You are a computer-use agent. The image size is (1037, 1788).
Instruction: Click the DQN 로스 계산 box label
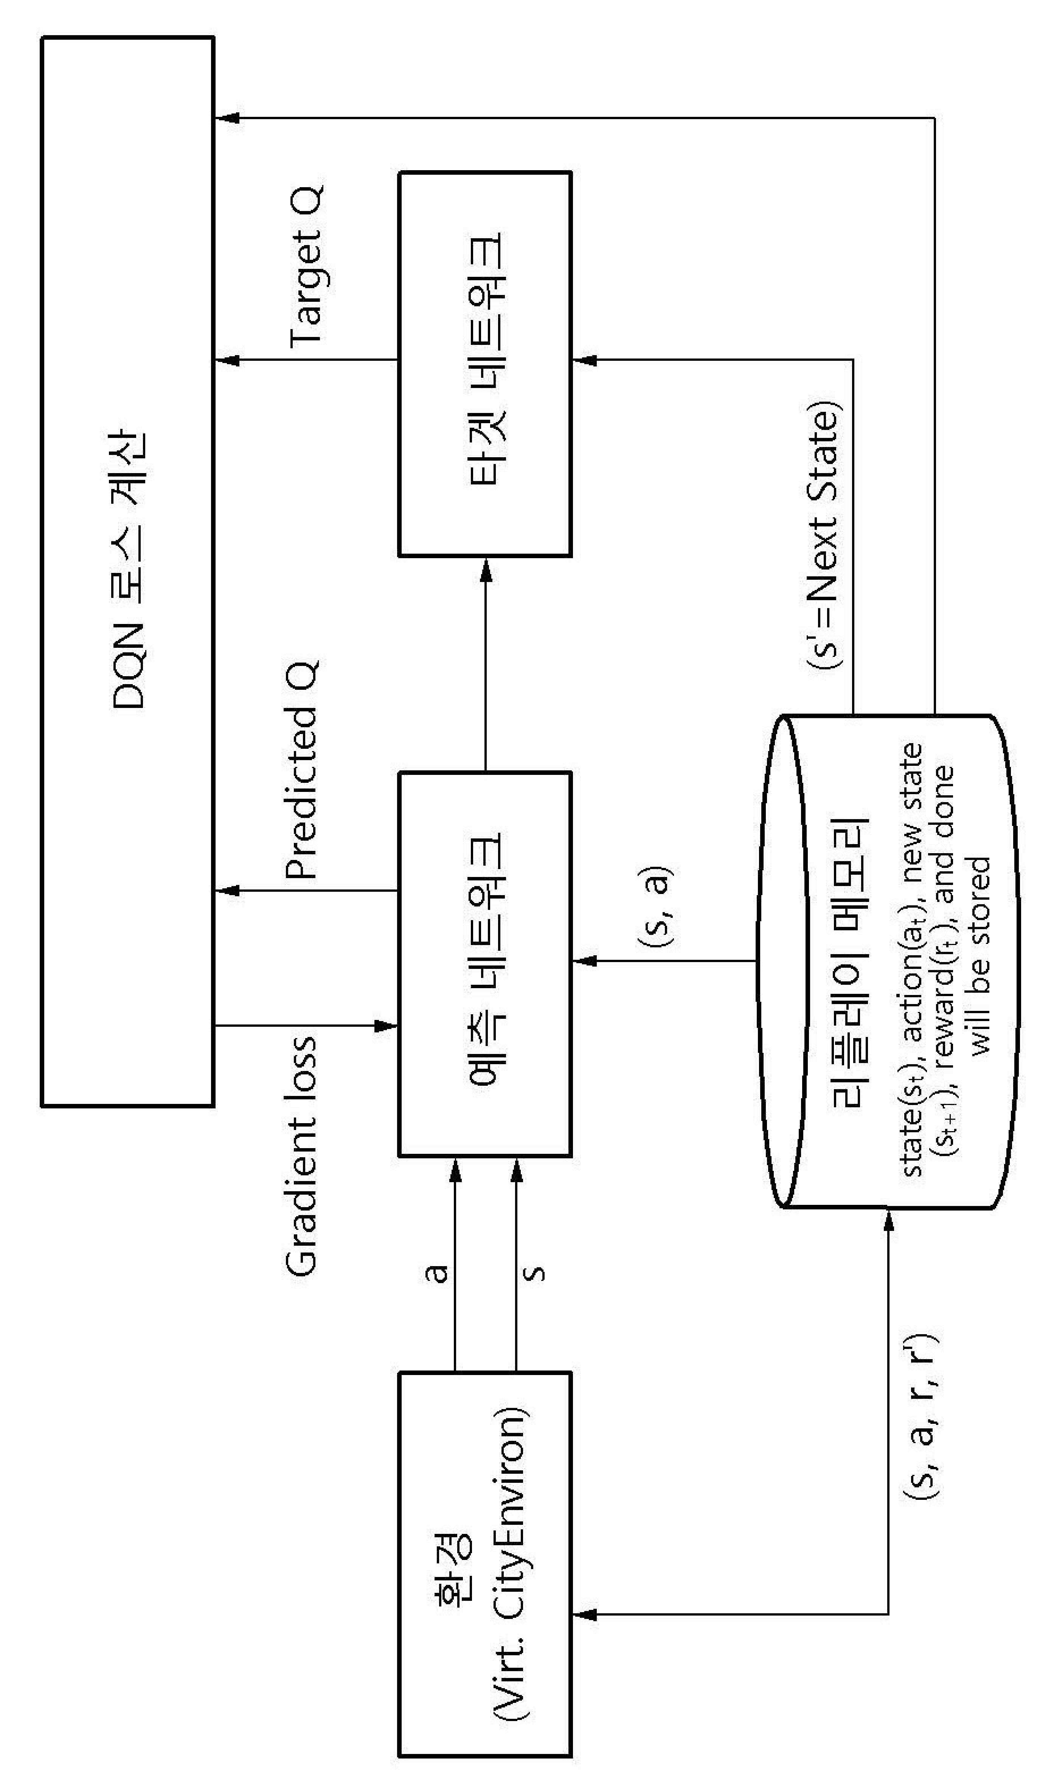[129, 568]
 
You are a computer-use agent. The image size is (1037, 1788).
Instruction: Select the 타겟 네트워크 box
[485, 364]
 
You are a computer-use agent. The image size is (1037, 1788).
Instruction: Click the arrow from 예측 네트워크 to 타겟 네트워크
[486, 665]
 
